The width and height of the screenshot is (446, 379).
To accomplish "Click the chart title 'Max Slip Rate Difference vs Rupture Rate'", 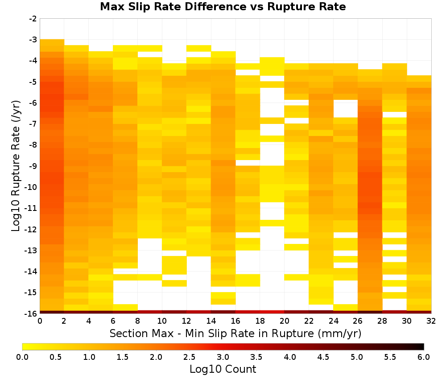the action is point(223,6).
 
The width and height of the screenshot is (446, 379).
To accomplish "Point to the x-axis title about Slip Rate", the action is point(235,333).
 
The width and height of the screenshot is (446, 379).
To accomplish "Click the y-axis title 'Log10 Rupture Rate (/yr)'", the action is point(16,166).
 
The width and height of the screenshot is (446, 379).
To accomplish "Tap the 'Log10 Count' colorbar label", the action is point(223,369).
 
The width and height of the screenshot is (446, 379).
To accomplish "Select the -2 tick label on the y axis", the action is point(33,19).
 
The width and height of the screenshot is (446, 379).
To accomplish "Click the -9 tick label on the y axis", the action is point(33,166).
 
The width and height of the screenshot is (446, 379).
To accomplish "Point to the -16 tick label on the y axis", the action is point(31,313).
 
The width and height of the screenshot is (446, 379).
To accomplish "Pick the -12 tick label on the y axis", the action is point(31,229).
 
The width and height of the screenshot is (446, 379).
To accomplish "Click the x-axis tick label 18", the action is point(260,321).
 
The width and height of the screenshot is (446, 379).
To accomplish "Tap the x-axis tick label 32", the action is point(431,321).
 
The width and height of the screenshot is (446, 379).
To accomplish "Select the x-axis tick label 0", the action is point(40,321).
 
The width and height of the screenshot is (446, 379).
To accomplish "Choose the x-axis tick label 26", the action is point(358,321).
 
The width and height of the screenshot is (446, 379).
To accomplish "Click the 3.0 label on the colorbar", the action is point(223,357).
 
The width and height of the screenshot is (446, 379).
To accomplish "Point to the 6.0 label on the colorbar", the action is point(424,357).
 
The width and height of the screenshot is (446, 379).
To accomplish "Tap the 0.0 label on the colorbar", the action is point(22,357).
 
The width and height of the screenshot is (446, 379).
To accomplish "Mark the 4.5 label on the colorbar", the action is point(323,357).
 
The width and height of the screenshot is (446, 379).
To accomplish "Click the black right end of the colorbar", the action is point(422,346).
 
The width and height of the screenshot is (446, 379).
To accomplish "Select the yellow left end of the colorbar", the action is point(25,346).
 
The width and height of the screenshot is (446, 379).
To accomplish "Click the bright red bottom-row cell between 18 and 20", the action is point(272,312).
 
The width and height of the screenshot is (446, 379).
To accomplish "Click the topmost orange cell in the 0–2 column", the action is point(52,42).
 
